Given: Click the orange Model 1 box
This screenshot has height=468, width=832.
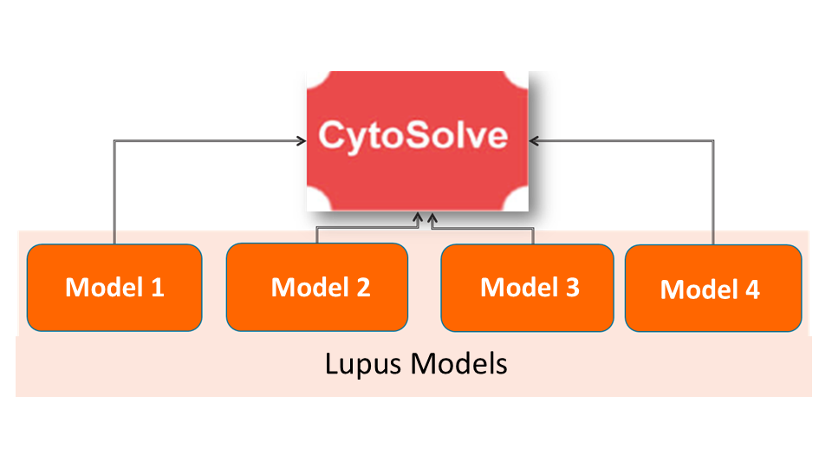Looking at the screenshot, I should (x=114, y=287).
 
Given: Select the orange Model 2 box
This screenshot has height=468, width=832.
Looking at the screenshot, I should (x=316, y=287).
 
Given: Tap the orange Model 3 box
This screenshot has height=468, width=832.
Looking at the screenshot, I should (x=530, y=288).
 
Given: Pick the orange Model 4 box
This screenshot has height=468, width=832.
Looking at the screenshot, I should (x=712, y=288).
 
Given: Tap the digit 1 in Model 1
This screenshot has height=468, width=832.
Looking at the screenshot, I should (x=157, y=287).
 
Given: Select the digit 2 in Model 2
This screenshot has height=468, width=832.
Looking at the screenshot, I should (x=362, y=287).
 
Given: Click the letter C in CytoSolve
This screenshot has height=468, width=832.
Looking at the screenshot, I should (x=332, y=136).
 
